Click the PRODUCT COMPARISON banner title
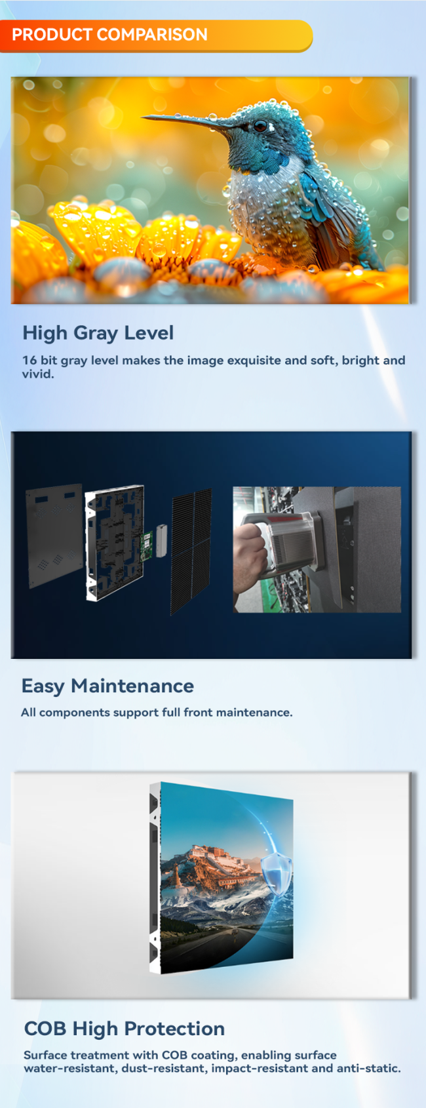coord(109,35)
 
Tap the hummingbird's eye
coord(260,126)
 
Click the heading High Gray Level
coord(98,333)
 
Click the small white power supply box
coord(162,541)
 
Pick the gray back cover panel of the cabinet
coord(54,536)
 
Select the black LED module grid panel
coord(191,551)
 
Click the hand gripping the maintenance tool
coord(250,557)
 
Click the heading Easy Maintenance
coord(107,686)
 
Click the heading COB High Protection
coord(125,1029)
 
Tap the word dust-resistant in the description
coord(165,1068)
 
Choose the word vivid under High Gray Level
coord(37,374)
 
